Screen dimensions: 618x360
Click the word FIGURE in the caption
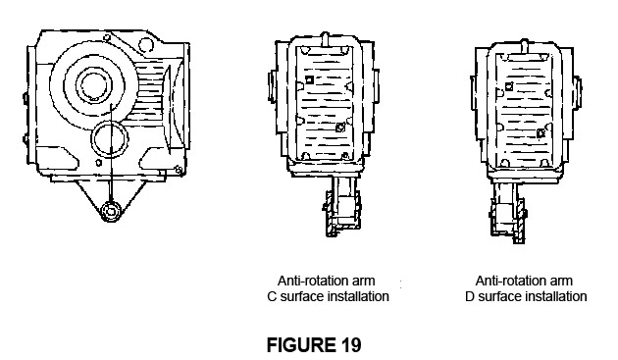[x=300, y=345]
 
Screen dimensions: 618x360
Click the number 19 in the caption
[x=349, y=345]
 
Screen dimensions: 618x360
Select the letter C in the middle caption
[x=272, y=296]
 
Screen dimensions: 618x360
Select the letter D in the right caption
[x=470, y=296]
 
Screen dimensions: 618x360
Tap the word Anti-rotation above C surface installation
[x=309, y=281]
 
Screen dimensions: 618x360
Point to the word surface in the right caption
[x=499, y=296]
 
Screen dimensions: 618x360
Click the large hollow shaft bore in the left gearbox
[x=94, y=84]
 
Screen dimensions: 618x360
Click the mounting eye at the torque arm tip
[x=111, y=212]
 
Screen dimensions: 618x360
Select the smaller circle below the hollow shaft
[x=110, y=139]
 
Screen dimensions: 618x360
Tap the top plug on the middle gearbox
[x=325, y=38]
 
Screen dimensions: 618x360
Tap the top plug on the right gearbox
[x=524, y=44]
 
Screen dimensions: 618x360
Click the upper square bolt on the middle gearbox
[x=310, y=80]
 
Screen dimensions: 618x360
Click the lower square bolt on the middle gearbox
[x=340, y=128]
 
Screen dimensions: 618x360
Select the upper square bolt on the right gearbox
[x=509, y=86]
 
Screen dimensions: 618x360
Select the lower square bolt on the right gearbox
[x=541, y=133]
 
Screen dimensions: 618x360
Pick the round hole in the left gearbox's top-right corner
[x=145, y=44]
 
